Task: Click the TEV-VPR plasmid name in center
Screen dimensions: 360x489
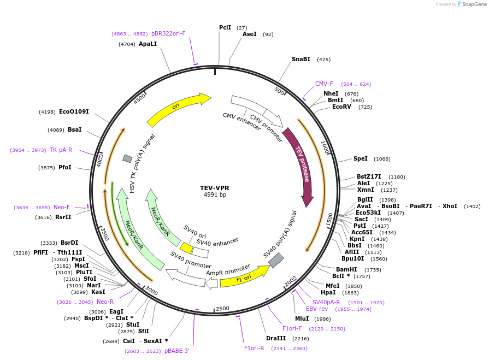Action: (x=214, y=188)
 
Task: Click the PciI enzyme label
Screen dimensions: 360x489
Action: (x=225, y=27)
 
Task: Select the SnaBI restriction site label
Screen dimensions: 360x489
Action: (x=301, y=59)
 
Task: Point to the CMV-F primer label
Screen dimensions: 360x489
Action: (x=324, y=84)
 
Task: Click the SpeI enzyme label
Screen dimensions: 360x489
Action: (x=360, y=158)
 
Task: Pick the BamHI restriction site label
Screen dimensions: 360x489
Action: (x=346, y=269)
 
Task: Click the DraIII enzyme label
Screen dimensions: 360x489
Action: (x=276, y=338)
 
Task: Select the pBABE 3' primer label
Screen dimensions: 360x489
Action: (x=176, y=351)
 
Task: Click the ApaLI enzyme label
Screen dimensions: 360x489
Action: (x=148, y=44)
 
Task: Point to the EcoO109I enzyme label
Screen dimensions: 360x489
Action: (x=74, y=111)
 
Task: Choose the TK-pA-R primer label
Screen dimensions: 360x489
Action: (x=61, y=150)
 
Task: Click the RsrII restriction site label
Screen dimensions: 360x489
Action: (x=63, y=217)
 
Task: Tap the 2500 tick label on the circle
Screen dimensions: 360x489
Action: (x=222, y=309)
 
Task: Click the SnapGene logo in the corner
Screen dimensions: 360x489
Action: (x=472, y=4)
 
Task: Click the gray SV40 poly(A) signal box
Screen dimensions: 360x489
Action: (x=276, y=260)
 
